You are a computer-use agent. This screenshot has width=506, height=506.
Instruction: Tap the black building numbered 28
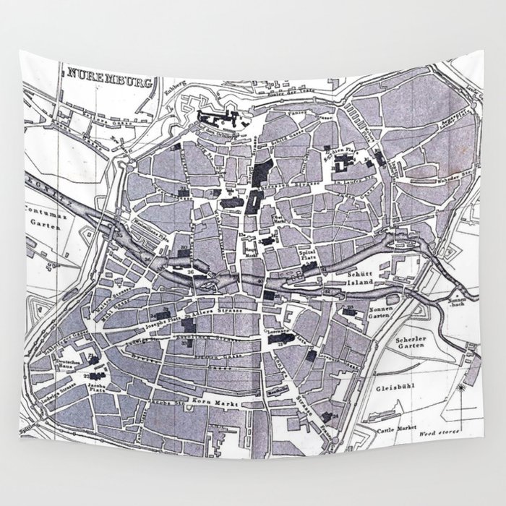[348, 312]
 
